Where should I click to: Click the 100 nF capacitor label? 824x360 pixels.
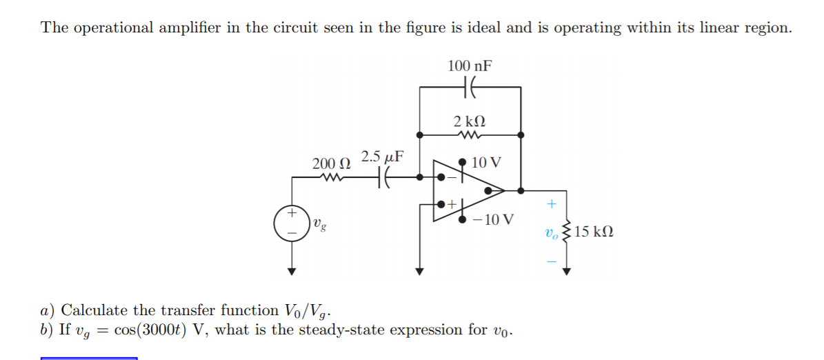pyautogui.click(x=470, y=66)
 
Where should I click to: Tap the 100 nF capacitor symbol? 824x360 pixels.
pyautogui.click(x=470, y=88)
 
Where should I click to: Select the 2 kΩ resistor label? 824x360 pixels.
pyautogui.click(x=470, y=121)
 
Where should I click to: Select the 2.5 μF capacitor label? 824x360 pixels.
pyautogui.click(x=383, y=157)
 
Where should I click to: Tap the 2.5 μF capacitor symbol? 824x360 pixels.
pyautogui.click(x=383, y=178)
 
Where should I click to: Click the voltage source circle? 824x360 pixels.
pyautogui.click(x=292, y=223)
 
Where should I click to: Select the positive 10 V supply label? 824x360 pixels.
pyautogui.click(x=488, y=163)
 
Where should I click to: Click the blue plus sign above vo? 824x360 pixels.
pyautogui.click(x=550, y=204)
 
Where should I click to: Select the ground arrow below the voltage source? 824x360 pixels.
pyautogui.click(x=292, y=271)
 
